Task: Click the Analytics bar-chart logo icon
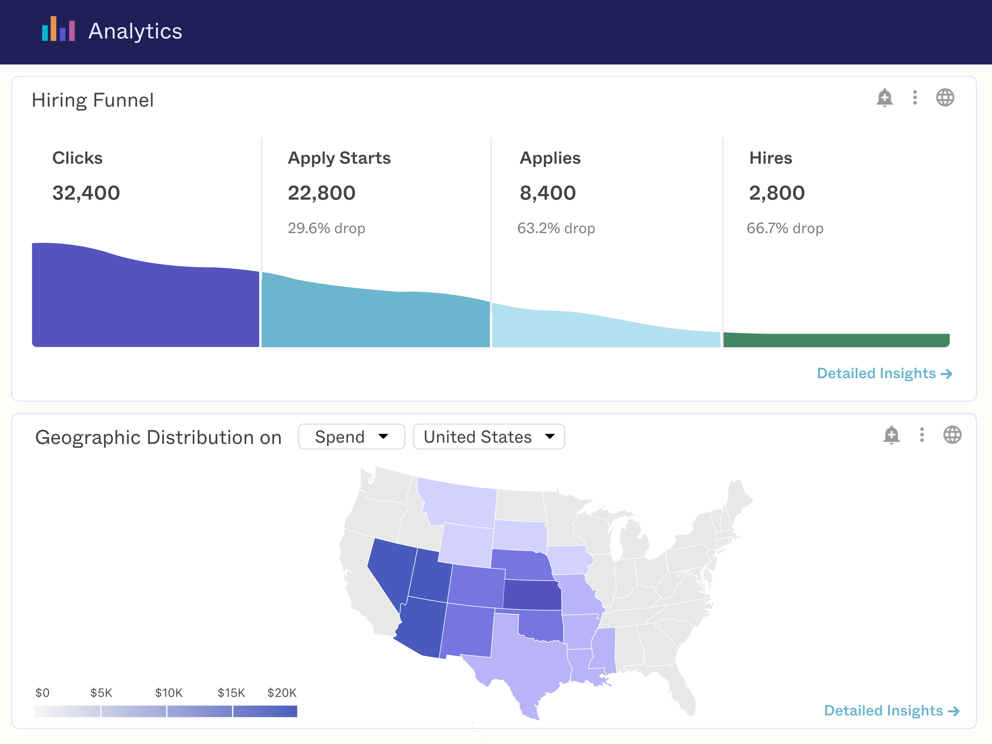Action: [58, 29]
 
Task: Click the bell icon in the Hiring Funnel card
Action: [884, 98]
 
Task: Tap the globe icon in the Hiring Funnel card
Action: [945, 98]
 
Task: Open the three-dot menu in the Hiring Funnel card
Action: [915, 98]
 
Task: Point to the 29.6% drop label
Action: [326, 228]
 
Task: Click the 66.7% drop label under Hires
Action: [785, 228]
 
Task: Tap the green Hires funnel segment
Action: [836, 340]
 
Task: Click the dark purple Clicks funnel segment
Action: [146, 305]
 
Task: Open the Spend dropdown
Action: [351, 437]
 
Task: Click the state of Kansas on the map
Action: [532, 595]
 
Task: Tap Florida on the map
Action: [682, 691]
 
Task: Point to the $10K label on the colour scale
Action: [169, 693]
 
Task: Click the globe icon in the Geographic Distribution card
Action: [952, 435]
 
